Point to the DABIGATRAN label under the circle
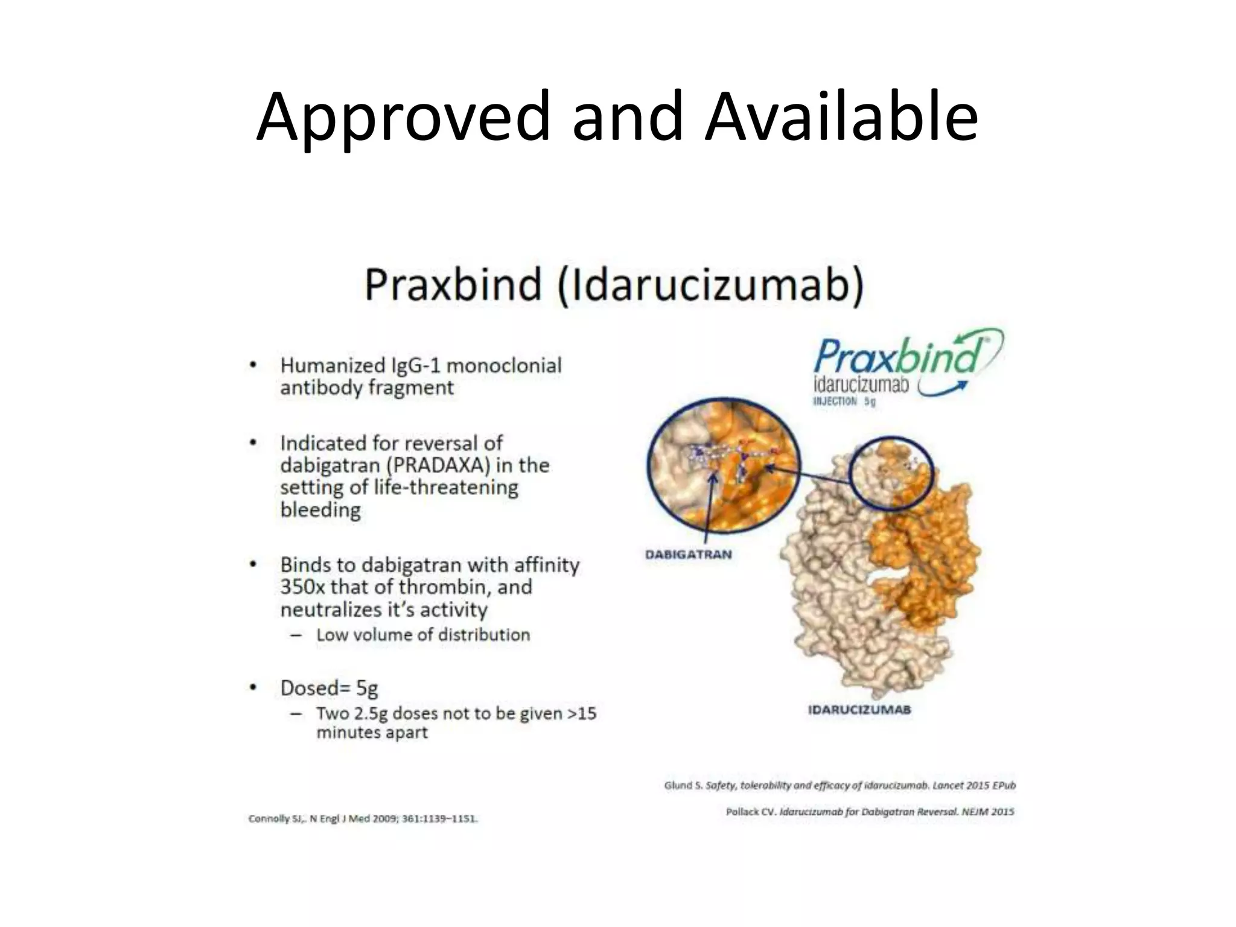pos(688,554)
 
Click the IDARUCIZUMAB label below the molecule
pos(859,710)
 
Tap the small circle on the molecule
pos(891,474)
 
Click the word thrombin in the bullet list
pos(447,587)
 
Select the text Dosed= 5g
pos(329,687)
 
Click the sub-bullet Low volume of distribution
pos(422,635)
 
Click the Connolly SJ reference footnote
pos(363,819)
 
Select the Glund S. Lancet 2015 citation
pos(839,785)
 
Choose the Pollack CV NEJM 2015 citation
pos(870,812)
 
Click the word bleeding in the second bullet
pos(320,510)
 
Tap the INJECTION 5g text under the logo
pos(844,401)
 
